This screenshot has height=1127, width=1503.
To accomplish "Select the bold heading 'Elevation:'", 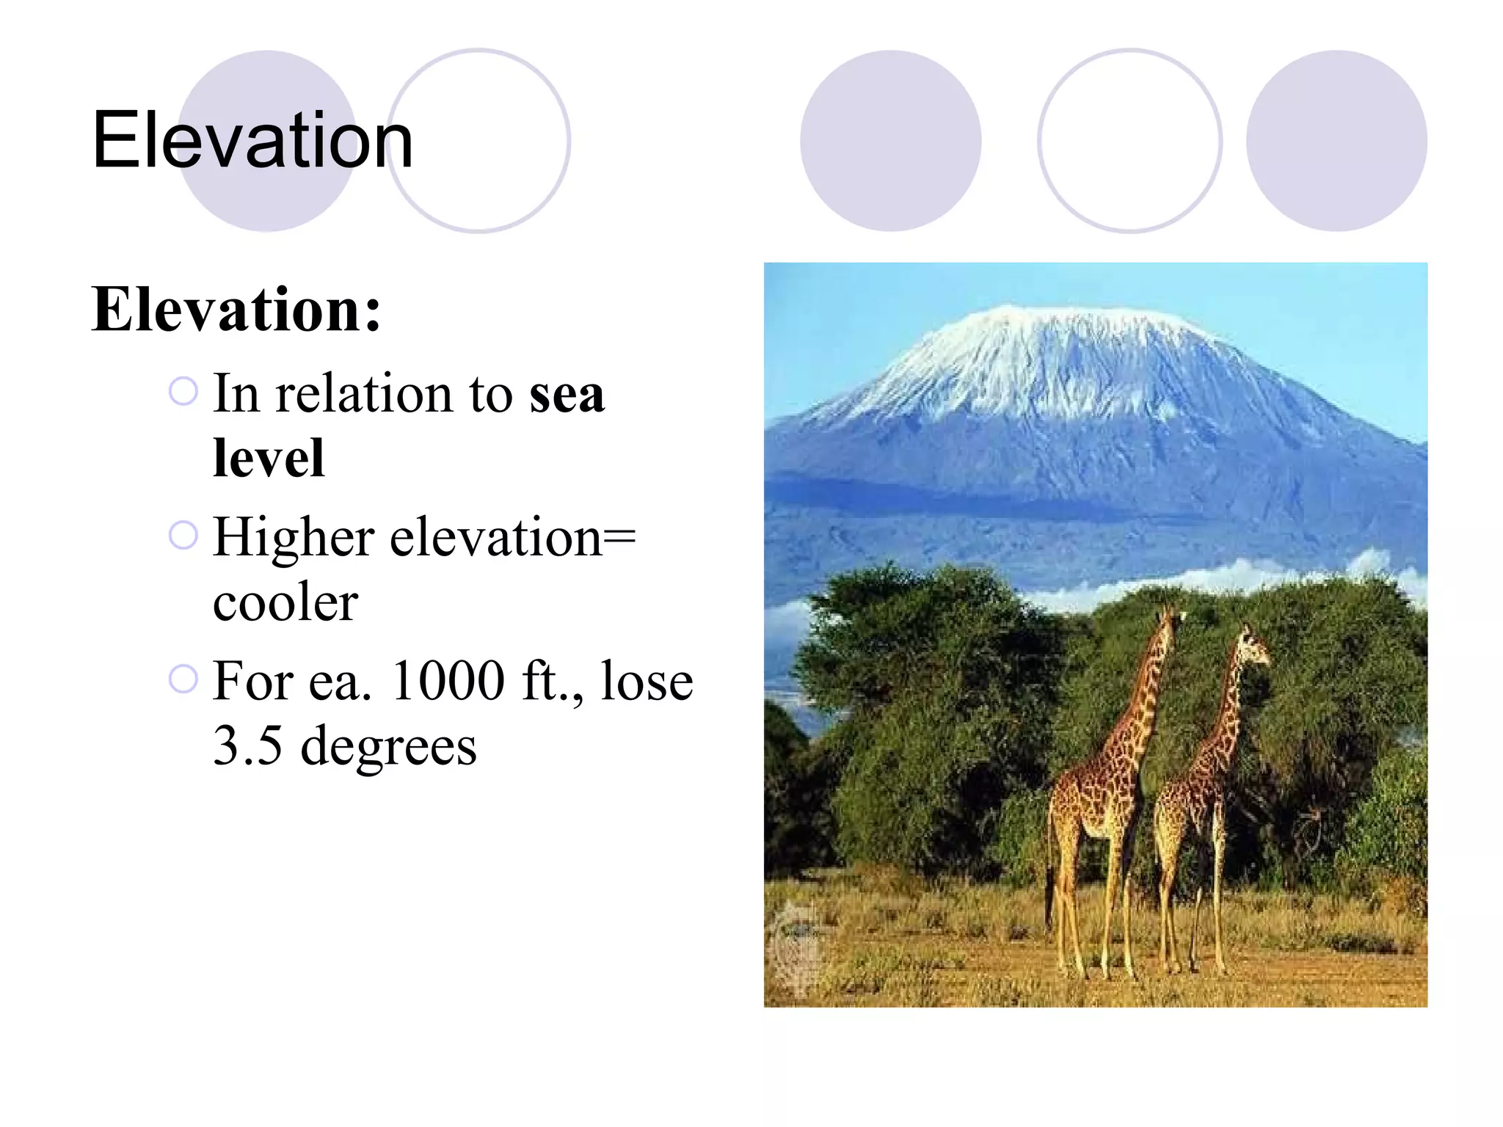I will tap(236, 310).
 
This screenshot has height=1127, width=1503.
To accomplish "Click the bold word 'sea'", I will tap(567, 395).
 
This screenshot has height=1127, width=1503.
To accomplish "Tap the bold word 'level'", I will tap(269, 459).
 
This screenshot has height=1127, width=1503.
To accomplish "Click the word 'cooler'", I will tap(285, 603).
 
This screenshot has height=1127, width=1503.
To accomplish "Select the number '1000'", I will tap(448, 681).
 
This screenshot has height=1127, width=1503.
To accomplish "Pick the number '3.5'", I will tap(247, 746).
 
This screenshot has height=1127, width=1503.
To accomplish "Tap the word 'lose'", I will tap(646, 681).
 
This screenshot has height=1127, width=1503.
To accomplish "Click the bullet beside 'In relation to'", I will tap(183, 391).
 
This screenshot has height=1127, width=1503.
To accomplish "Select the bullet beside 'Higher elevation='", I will tap(183, 535).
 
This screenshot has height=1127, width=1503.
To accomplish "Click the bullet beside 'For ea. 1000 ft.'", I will tap(183, 679).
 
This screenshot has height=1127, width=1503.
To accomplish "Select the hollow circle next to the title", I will tap(478, 141).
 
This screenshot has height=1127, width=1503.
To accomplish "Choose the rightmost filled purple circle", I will tap(1336, 141).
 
